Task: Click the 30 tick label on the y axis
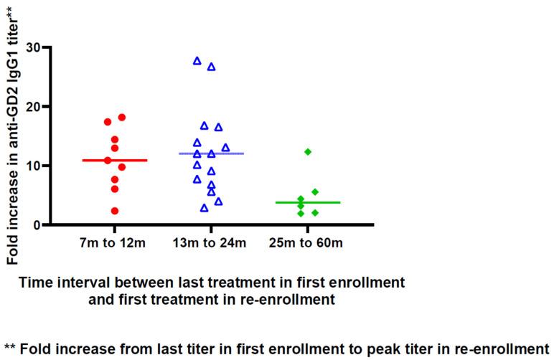[33, 47]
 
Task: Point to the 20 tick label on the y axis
[33, 107]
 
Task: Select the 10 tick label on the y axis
[33, 166]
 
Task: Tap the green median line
[308, 203]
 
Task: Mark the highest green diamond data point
[308, 152]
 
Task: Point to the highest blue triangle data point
[197, 61]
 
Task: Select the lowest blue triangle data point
[205, 208]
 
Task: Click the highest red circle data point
[122, 117]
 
